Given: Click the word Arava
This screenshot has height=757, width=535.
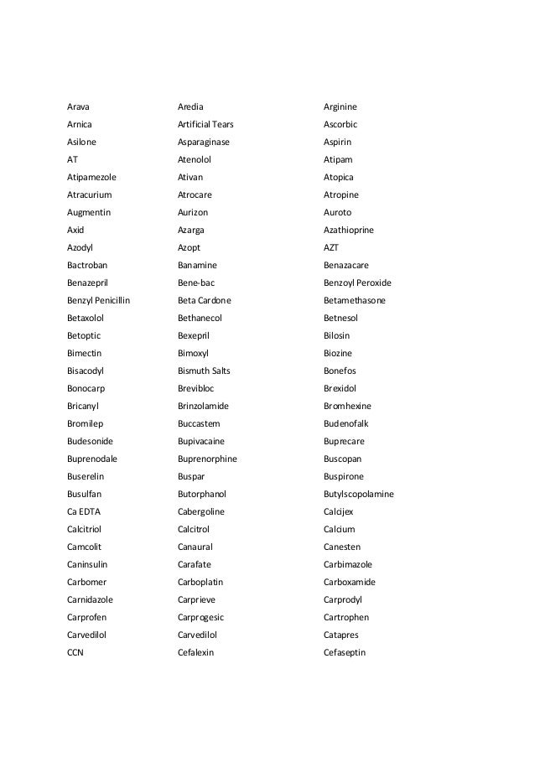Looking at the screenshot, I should point(78,106).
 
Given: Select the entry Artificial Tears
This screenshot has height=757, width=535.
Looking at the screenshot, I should point(205,124).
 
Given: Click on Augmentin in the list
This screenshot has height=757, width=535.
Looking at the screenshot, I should point(88,212).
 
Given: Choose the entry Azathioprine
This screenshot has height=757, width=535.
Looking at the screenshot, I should point(349,230).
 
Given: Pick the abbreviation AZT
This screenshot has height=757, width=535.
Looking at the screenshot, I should point(331,247).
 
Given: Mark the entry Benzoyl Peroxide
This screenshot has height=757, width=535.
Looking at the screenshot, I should point(357,283).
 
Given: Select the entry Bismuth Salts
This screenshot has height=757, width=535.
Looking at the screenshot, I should point(204,371).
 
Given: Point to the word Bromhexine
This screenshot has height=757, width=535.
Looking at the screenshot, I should point(346,406).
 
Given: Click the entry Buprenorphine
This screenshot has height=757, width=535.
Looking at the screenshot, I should point(207,459).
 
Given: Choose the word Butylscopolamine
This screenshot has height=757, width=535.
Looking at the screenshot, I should point(359,494).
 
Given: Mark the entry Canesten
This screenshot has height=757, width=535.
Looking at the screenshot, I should point(341,547).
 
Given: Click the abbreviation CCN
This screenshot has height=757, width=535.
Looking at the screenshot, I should point(75,652).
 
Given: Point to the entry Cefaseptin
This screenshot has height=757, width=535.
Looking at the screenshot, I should point(345,652).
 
